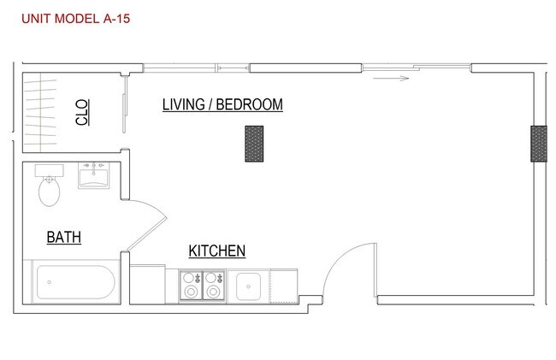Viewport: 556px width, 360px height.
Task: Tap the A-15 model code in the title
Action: pyautogui.click(x=115, y=17)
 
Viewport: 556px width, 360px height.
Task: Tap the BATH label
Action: pyautogui.click(x=64, y=237)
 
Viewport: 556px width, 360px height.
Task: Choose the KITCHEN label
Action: pyautogui.click(x=217, y=251)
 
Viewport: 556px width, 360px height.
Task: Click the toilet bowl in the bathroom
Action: pyautogui.click(x=49, y=192)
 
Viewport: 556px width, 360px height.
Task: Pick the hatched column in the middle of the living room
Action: pyautogui.click(x=254, y=144)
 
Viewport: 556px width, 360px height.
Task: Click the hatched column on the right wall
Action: pyautogui.click(x=538, y=144)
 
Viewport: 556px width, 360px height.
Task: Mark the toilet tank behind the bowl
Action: pyautogui.click(x=49, y=169)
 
